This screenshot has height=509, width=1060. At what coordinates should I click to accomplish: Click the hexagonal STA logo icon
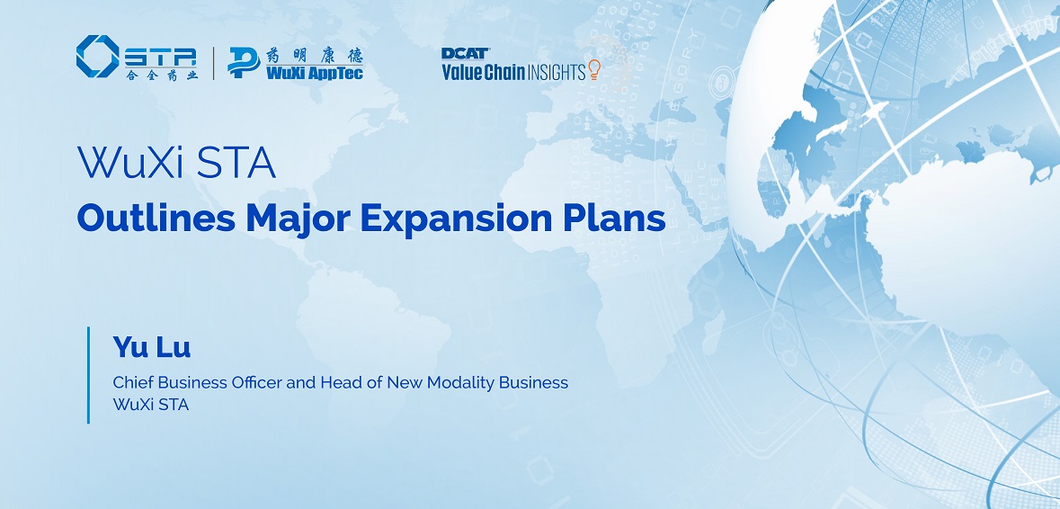97,56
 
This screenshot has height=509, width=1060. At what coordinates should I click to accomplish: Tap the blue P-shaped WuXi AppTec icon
244,63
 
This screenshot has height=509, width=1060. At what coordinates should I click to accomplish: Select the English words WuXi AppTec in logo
315,73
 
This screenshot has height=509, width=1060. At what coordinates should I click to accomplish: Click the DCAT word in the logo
466,53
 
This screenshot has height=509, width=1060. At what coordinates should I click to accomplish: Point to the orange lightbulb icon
594,69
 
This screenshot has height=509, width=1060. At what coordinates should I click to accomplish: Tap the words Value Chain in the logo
484,72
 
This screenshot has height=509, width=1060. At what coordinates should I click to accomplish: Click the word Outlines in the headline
156,219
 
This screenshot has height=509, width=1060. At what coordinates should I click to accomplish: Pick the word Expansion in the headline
457,220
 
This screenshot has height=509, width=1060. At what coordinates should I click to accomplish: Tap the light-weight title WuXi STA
176,163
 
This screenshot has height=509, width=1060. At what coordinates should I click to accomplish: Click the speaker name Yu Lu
151,347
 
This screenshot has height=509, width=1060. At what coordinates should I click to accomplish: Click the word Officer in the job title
256,382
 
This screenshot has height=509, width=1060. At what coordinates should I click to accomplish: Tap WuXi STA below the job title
151,405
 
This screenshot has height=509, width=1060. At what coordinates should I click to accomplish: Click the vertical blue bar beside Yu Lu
89,375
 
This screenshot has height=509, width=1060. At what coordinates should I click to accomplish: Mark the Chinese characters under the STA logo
162,75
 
